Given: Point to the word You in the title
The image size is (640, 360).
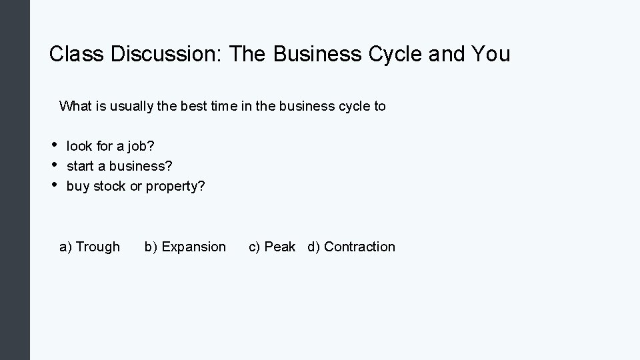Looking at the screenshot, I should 489,54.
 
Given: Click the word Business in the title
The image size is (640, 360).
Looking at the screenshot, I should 305,54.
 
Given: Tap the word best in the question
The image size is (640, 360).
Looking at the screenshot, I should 193,106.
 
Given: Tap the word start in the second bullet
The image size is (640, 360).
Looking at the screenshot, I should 80,165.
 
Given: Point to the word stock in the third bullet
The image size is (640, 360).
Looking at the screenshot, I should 109,186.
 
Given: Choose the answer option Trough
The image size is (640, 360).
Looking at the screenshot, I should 98,247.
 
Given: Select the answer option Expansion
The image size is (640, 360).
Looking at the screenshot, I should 194,247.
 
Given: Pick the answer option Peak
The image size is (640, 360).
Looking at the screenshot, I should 280,247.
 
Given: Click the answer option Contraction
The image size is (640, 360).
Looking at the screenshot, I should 359,247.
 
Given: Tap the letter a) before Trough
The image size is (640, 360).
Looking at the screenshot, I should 66,247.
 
